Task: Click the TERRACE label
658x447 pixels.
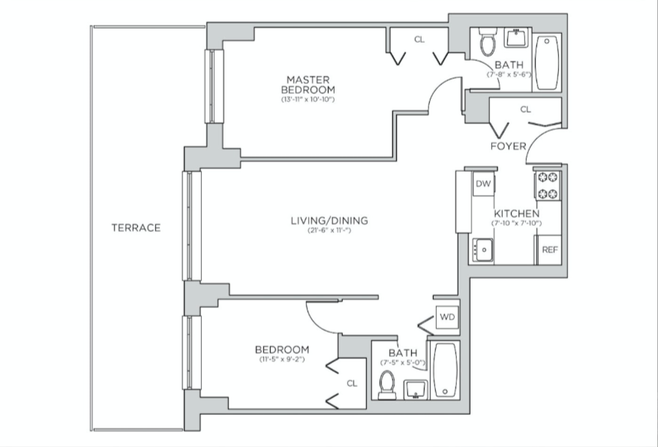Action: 136,227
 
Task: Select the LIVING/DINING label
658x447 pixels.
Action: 329,220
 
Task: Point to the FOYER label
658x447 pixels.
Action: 508,145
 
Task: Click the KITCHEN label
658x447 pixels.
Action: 515,214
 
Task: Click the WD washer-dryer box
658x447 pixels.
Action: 447,316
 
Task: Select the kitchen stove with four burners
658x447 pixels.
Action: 547,185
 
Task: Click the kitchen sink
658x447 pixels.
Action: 482,249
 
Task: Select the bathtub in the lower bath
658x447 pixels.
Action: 446,370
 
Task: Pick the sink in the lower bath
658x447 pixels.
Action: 415,390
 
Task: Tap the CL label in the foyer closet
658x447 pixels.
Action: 525,109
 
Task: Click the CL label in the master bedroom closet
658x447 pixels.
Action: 419,39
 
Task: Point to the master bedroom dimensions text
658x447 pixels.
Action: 308,100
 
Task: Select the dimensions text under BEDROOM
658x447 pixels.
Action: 282,360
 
